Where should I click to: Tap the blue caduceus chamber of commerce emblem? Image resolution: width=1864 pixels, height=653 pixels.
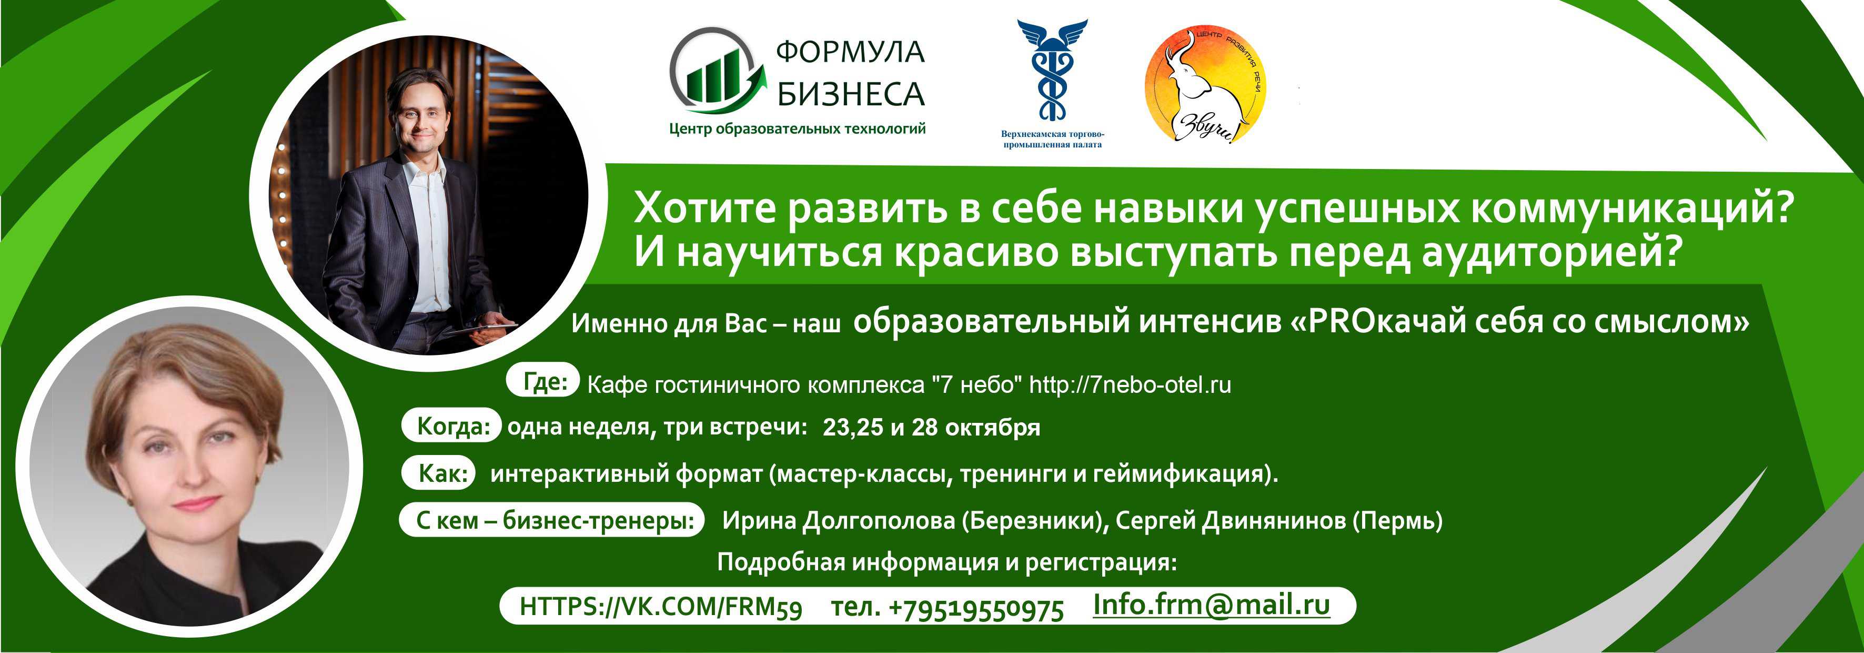pyautogui.click(x=1052, y=70)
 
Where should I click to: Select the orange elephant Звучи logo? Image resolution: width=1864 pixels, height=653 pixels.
pyautogui.click(x=1205, y=85)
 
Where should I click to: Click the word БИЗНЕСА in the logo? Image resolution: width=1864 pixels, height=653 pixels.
pyautogui.click(x=851, y=95)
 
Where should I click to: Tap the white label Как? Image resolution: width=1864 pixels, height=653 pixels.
pyautogui.click(x=438, y=473)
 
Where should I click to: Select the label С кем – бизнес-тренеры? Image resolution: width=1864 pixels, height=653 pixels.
pyautogui.click(x=552, y=519)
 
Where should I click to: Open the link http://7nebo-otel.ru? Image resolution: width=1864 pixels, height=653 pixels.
pyautogui.click(x=1130, y=385)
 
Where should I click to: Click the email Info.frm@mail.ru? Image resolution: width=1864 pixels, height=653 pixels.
pyautogui.click(x=1211, y=605)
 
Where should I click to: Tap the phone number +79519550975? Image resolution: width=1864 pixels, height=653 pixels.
pyautogui.click(x=976, y=609)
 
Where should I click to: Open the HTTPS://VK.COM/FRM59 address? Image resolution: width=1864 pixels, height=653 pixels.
pyautogui.click(x=661, y=607)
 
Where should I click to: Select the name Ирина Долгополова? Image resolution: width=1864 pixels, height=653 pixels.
pyautogui.click(x=839, y=520)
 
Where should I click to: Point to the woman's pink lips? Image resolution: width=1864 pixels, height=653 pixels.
pyautogui.click(x=196, y=502)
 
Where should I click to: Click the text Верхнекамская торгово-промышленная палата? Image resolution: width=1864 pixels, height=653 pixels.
pyautogui.click(x=1052, y=139)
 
